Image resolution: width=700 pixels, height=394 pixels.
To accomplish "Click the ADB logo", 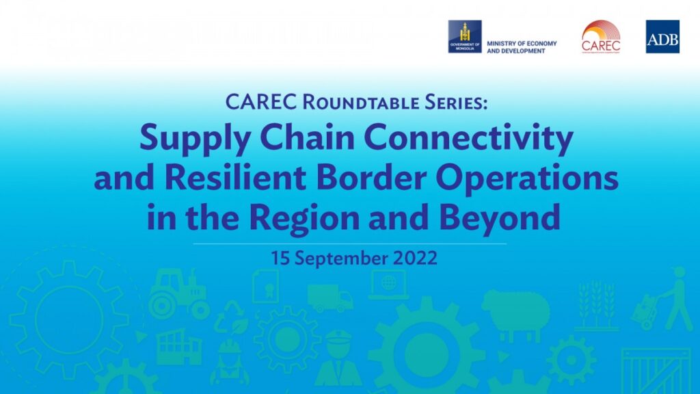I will tap(662, 37).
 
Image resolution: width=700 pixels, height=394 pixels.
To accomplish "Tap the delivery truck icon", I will tap(329, 298).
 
